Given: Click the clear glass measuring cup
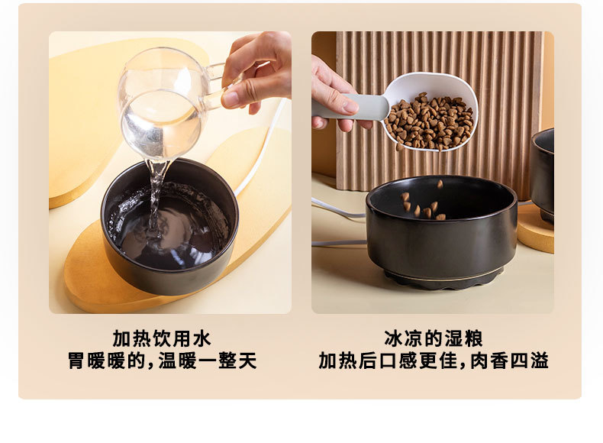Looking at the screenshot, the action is (162, 104).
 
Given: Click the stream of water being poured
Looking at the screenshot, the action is (156, 196).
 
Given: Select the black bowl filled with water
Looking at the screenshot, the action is (169, 226).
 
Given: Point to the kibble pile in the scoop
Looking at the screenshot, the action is (430, 121).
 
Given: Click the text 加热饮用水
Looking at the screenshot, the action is (162, 338).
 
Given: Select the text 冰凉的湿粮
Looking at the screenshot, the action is (434, 338).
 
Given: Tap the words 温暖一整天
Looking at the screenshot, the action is (208, 361).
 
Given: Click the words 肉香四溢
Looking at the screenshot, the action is (510, 361).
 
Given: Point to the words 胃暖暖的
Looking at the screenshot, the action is (106, 361).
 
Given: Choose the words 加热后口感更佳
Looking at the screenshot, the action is (388, 361).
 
